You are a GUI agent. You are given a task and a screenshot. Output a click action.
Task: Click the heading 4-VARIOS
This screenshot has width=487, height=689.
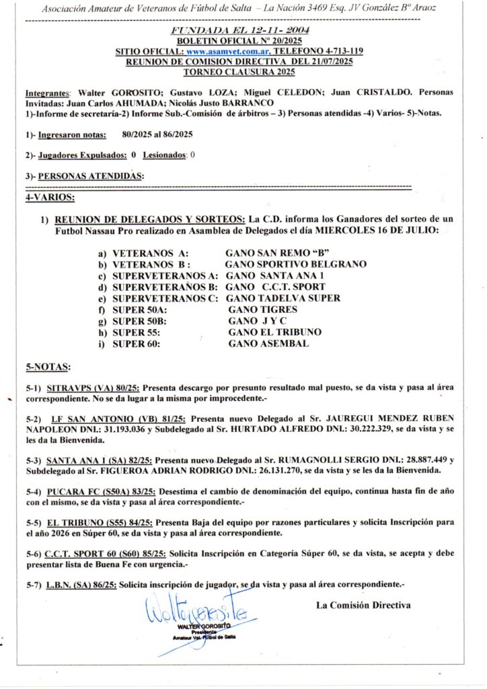point(50,198)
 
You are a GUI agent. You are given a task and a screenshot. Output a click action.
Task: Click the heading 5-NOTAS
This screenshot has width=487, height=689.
point(47,367)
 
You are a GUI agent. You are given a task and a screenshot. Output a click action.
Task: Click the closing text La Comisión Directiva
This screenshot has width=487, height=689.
point(363,605)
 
